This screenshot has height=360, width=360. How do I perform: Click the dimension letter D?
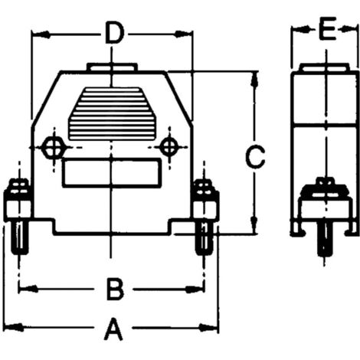(x=115, y=33)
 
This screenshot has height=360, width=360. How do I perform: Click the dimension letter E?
(x=327, y=28)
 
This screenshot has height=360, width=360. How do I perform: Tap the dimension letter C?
(x=255, y=157)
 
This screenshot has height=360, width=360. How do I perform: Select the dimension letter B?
(x=115, y=290)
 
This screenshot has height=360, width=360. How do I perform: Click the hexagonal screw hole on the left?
(x=54, y=148)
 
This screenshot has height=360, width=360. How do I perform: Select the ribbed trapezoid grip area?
(x=112, y=114)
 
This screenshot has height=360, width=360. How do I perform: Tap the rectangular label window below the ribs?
(x=112, y=173)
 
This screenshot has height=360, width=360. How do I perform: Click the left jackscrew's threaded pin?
(x=19, y=237)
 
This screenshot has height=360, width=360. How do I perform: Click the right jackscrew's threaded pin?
(x=204, y=238)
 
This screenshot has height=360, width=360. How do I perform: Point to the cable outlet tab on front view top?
(x=112, y=67)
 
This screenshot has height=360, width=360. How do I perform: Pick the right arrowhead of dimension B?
(x=195, y=290)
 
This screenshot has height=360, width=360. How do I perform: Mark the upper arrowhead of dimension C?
(x=254, y=81)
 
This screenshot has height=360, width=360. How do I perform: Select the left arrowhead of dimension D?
(x=41, y=34)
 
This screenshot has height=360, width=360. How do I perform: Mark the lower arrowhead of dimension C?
(x=254, y=224)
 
